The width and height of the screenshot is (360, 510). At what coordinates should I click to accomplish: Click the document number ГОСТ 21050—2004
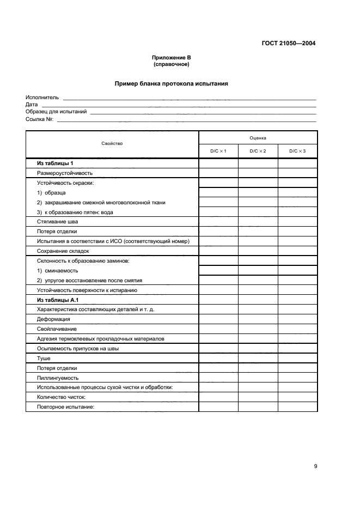[x=289, y=44]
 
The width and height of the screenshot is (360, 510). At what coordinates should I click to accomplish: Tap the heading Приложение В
[x=171, y=58]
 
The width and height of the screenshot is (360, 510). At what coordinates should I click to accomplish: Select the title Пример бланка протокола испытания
[x=171, y=84]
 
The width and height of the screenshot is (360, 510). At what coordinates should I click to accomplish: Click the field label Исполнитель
[x=42, y=98]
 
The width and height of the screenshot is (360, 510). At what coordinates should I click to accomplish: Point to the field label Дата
[x=32, y=105]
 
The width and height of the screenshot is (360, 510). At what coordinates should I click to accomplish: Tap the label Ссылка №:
[x=39, y=119]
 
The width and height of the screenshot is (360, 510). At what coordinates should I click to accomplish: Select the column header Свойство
[x=112, y=144]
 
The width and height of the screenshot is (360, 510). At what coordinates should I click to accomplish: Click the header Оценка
[x=258, y=138]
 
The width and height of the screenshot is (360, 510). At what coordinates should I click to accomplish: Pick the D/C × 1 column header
[x=218, y=151]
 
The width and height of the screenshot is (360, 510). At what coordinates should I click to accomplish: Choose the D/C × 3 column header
[x=297, y=151]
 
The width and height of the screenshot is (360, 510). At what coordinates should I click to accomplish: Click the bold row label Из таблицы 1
[x=55, y=163]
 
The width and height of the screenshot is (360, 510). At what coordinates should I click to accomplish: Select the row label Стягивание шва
[x=57, y=222]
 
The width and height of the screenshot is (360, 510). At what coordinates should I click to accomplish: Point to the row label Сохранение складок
[x=63, y=251]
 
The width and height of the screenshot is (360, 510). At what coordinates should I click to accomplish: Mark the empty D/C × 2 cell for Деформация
[x=258, y=319]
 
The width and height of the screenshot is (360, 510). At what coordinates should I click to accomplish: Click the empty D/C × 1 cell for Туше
[x=218, y=359]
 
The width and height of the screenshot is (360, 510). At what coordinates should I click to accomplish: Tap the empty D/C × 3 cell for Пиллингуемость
[x=297, y=378]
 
